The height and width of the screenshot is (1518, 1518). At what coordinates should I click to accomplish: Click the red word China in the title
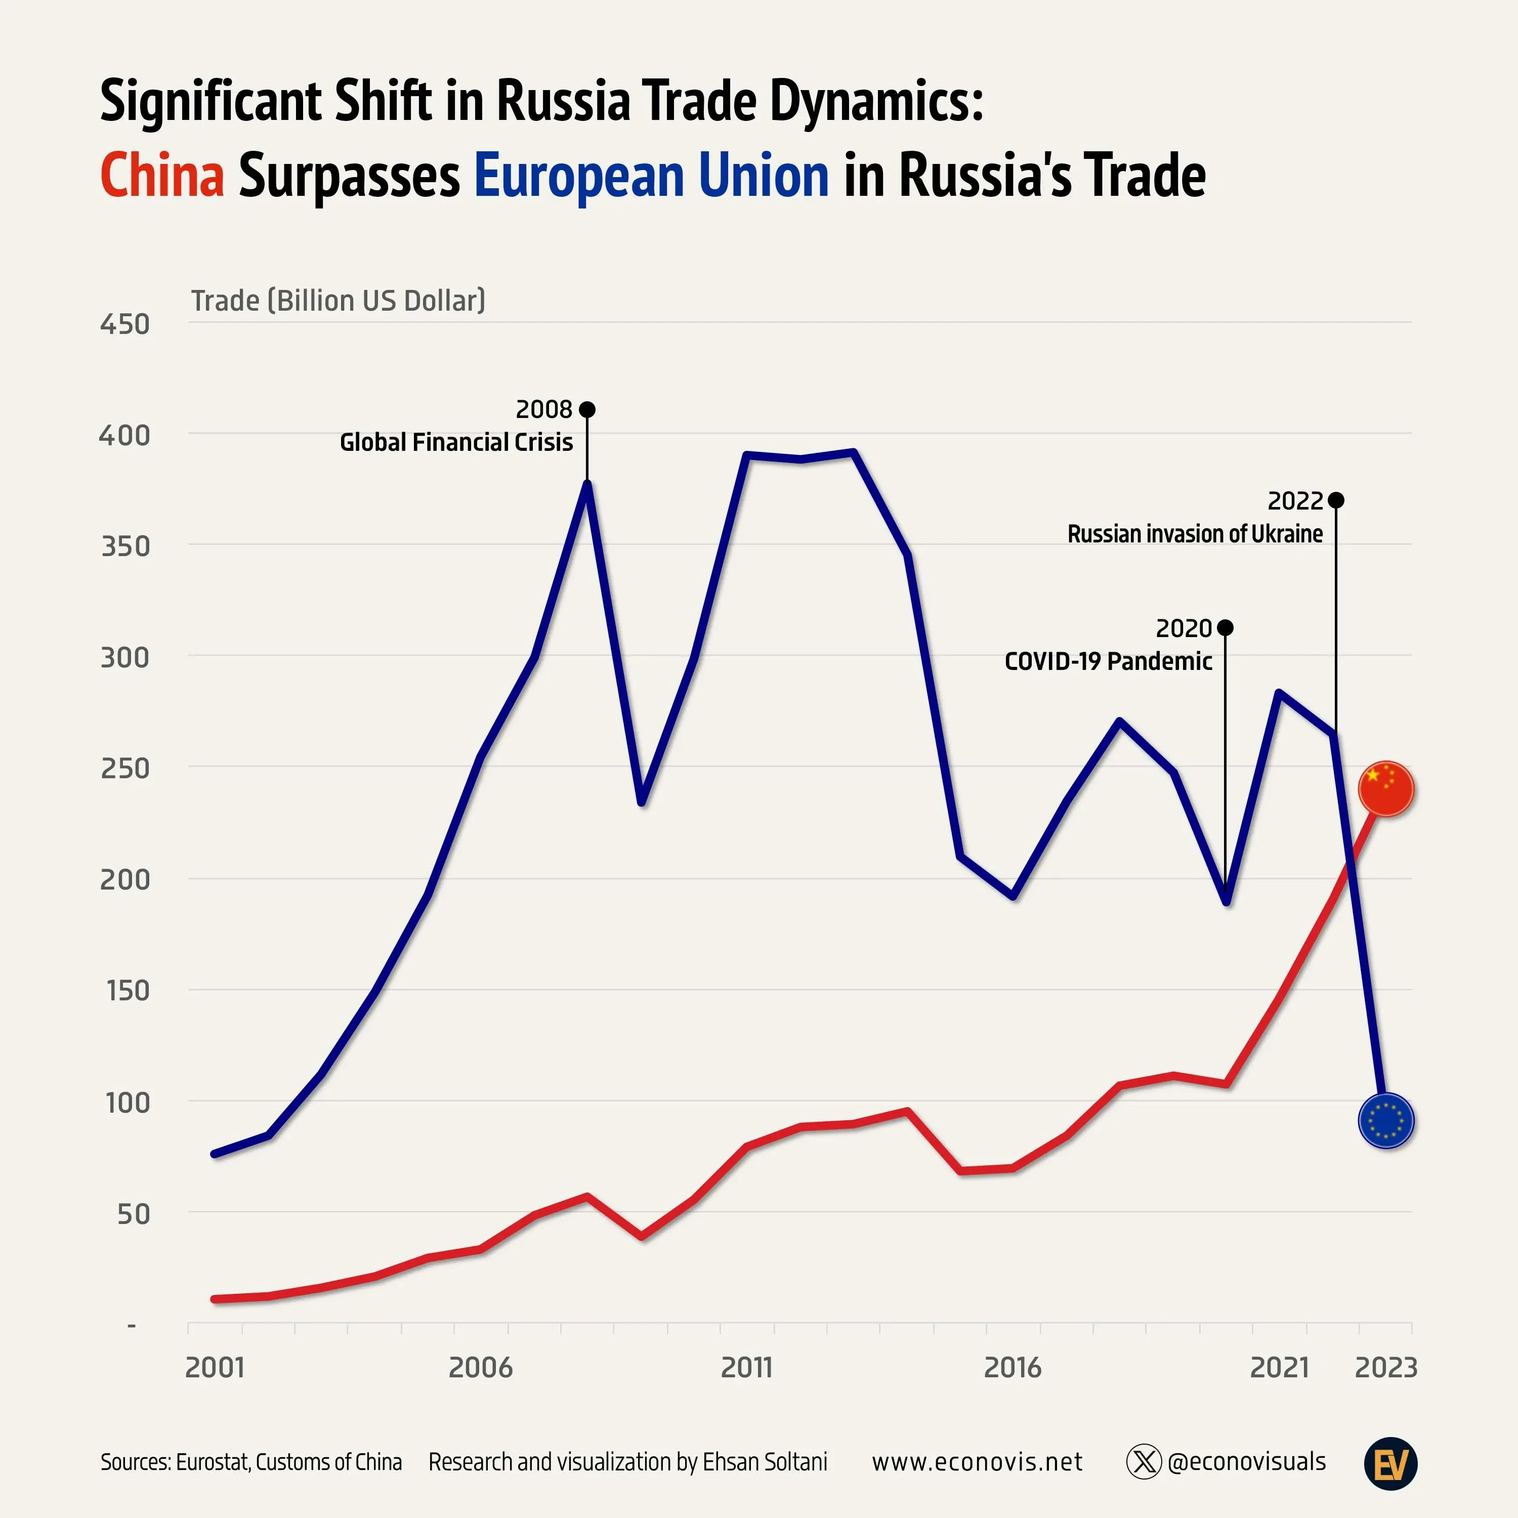pos(162,175)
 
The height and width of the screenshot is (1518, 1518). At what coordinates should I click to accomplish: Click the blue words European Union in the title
pos(651,175)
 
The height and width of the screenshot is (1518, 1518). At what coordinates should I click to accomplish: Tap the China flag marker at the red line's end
pos(1386,789)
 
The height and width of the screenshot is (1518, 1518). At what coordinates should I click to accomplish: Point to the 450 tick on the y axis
pos(124,324)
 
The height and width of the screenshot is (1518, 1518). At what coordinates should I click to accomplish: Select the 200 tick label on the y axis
pos(124,879)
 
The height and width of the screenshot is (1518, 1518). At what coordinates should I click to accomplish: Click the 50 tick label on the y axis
pos(133,1214)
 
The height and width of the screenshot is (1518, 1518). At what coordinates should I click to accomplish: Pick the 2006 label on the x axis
pos(480,1367)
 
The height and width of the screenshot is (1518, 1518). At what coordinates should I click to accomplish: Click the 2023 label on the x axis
pos(1386,1367)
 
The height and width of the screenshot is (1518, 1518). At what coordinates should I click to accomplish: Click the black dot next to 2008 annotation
pos(587,409)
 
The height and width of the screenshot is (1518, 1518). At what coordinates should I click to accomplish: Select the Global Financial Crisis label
pos(456,442)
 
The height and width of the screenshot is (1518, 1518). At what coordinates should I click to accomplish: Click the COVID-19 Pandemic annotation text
pos(1108,661)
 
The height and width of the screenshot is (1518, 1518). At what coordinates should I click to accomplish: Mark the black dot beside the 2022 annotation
pos(1336,500)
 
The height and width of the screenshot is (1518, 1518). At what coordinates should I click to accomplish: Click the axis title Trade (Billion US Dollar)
pos(338,300)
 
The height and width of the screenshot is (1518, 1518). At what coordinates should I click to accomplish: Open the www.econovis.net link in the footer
pos(977,1461)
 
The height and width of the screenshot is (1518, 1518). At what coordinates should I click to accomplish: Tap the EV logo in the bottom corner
pos(1390,1463)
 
